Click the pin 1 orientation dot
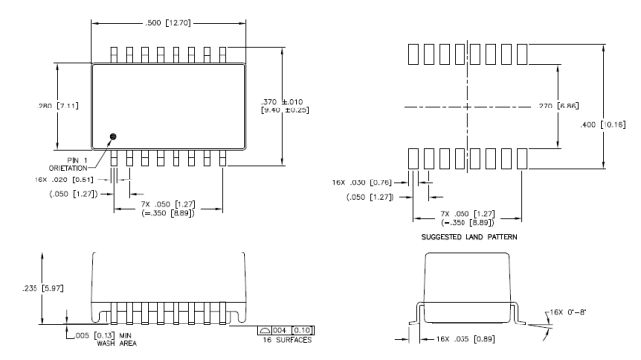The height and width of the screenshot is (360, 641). click(113, 136)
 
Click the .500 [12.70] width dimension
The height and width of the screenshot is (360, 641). click(168, 23)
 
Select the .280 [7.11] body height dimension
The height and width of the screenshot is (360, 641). click(57, 106)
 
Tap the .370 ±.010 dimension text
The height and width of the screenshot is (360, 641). click(282, 102)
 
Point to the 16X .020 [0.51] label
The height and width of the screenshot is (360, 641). click(64, 180)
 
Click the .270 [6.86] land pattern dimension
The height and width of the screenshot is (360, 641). click(558, 106)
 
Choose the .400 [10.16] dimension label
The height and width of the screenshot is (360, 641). click(603, 125)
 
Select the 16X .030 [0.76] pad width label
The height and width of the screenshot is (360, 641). click(362, 182)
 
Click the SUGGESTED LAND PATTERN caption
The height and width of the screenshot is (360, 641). click(468, 237)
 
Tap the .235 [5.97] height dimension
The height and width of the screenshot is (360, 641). click(43, 288)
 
